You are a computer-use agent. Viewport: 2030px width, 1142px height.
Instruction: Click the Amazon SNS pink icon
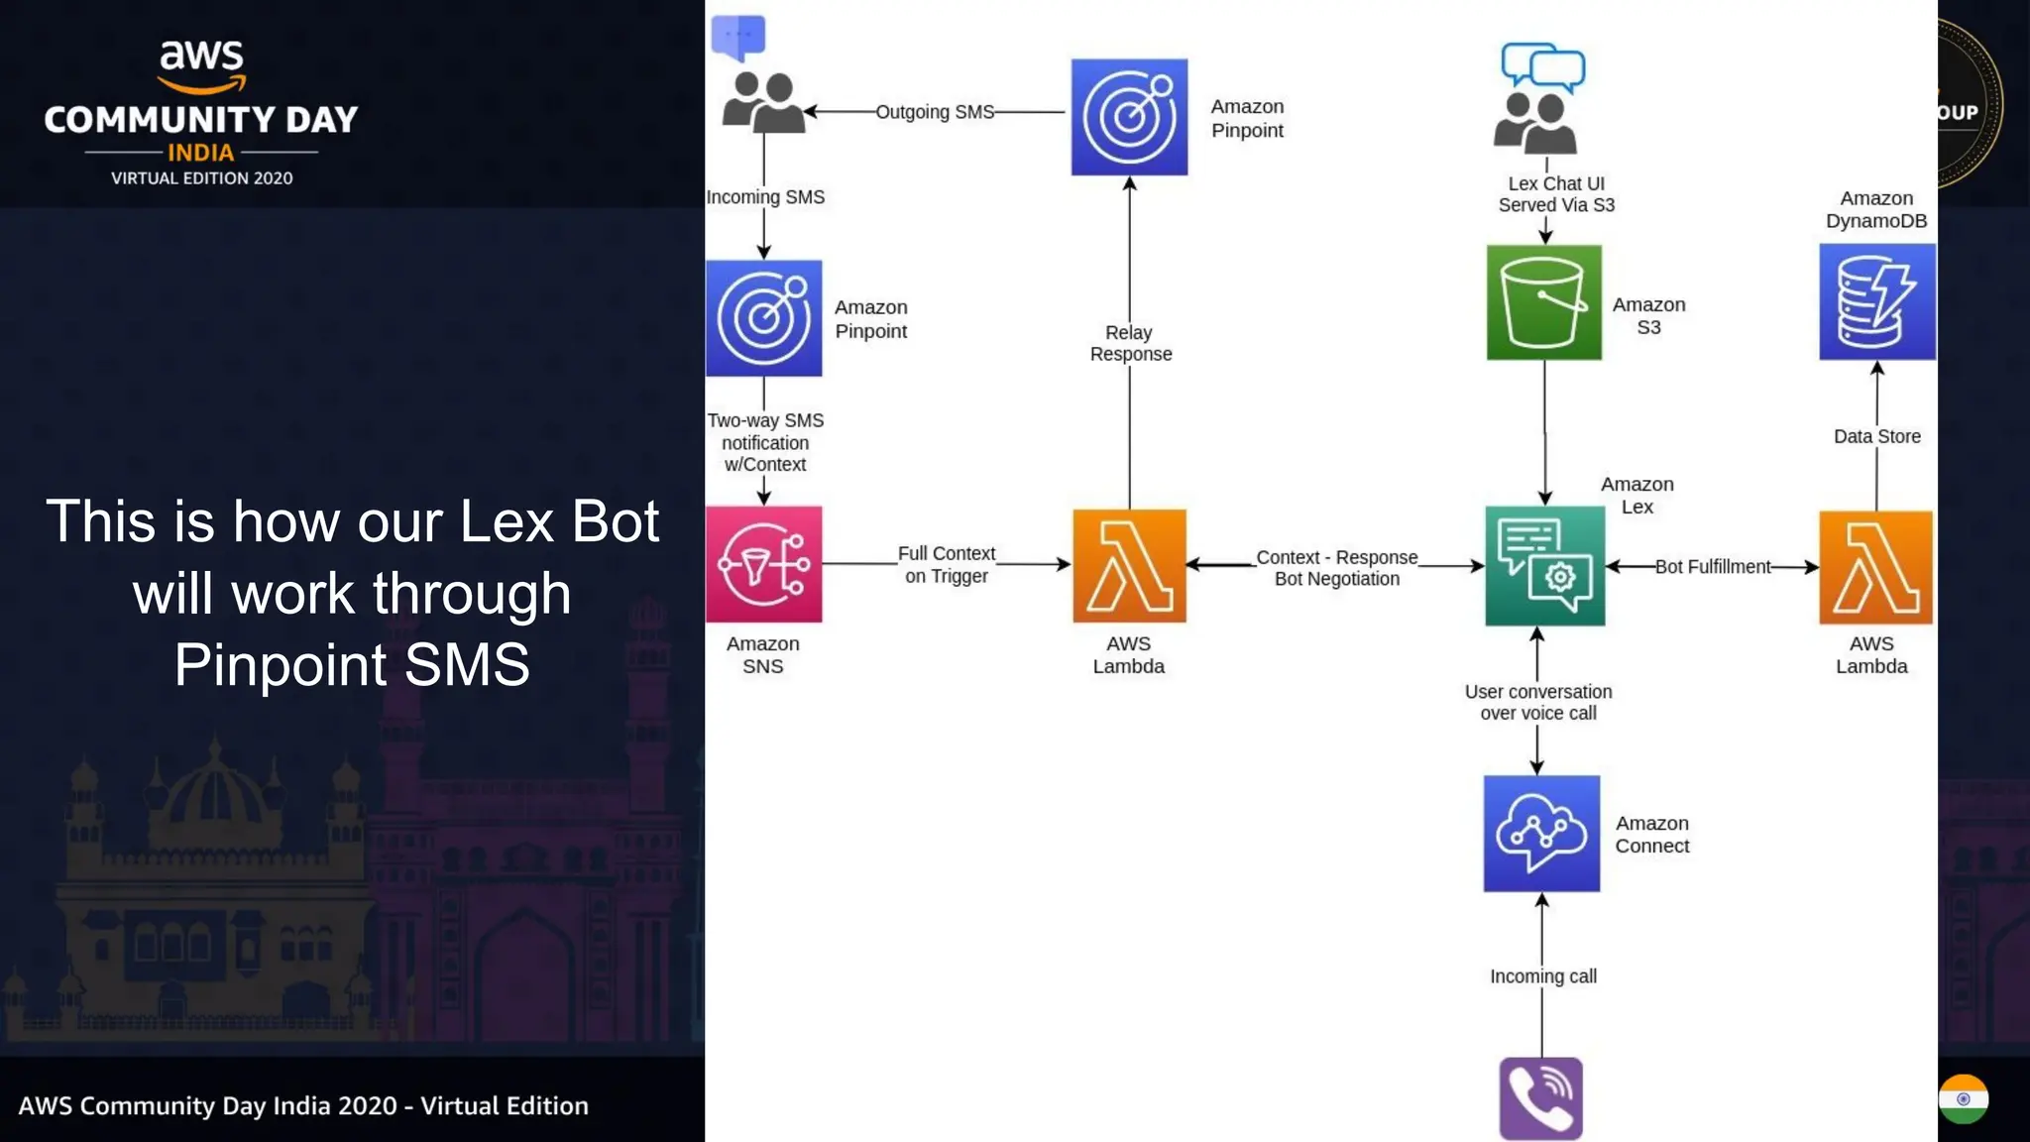point(763,564)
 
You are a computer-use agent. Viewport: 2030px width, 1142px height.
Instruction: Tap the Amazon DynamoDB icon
point(1876,301)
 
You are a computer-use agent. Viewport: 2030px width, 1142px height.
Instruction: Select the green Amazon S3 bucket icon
point(1543,302)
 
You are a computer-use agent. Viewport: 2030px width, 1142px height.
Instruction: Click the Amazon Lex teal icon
point(1544,566)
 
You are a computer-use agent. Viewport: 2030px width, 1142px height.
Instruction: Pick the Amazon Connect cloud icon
point(1541,834)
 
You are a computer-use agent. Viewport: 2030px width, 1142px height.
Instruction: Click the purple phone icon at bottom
point(1540,1098)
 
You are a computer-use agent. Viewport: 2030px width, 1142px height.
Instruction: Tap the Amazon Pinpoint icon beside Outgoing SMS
point(1129,117)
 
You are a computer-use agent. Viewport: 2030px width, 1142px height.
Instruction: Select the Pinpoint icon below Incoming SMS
point(763,318)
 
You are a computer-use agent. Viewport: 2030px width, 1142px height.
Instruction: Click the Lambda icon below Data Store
point(1875,567)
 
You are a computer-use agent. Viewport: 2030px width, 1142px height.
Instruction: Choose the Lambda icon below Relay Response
point(1129,566)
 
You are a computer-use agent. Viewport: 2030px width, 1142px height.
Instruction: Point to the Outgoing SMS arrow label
point(934,112)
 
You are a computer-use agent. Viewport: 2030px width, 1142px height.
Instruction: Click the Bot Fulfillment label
point(1712,567)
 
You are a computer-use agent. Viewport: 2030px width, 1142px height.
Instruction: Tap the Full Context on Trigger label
point(946,564)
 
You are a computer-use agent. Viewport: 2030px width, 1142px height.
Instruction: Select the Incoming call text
point(1542,976)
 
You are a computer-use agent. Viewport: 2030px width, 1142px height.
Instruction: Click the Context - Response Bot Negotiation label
point(1336,568)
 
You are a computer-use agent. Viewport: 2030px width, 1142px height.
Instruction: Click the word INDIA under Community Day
point(201,153)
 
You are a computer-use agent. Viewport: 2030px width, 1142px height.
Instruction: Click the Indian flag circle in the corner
point(1963,1098)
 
